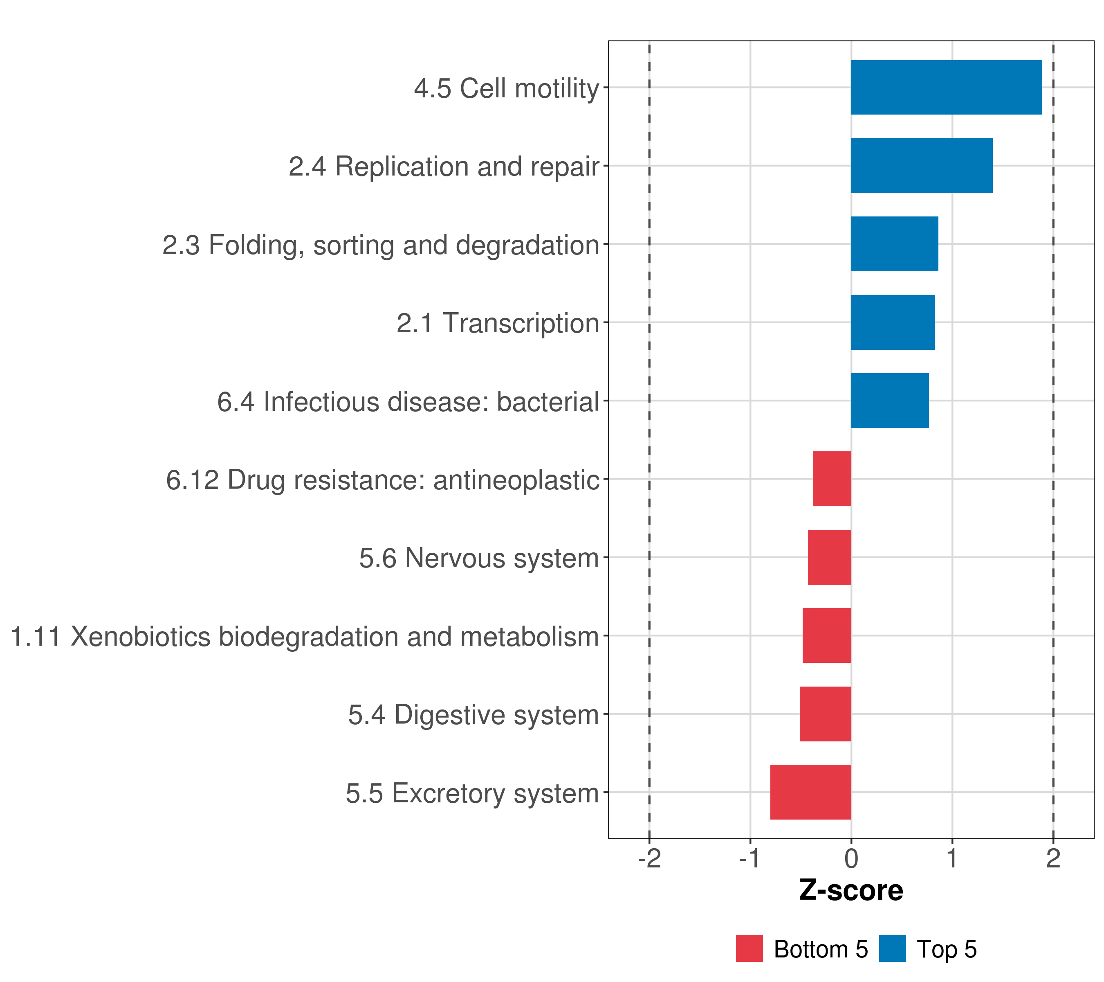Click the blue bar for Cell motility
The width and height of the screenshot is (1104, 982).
click(x=946, y=87)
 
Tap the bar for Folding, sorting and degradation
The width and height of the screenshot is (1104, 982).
click(x=894, y=244)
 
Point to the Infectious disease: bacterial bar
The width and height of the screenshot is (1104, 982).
click(x=890, y=401)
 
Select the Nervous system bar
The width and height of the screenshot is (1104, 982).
click(x=829, y=557)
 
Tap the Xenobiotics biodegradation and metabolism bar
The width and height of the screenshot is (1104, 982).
click(x=826, y=635)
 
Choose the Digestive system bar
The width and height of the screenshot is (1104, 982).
click(x=825, y=714)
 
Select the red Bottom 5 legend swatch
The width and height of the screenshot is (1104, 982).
click(x=749, y=948)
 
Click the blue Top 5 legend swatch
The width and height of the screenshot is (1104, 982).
click(x=892, y=948)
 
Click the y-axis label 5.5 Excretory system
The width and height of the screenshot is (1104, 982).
click(x=472, y=793)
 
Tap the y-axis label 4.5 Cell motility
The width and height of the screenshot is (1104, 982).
click(x=506, y=88)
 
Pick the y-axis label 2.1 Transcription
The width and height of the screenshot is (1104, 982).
click(x=498, y=323)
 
